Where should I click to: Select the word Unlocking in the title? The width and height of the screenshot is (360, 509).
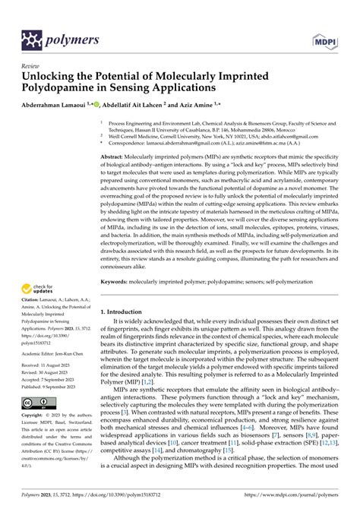point(54,77)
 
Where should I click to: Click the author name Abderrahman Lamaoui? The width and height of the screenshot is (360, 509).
point(58,105)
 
